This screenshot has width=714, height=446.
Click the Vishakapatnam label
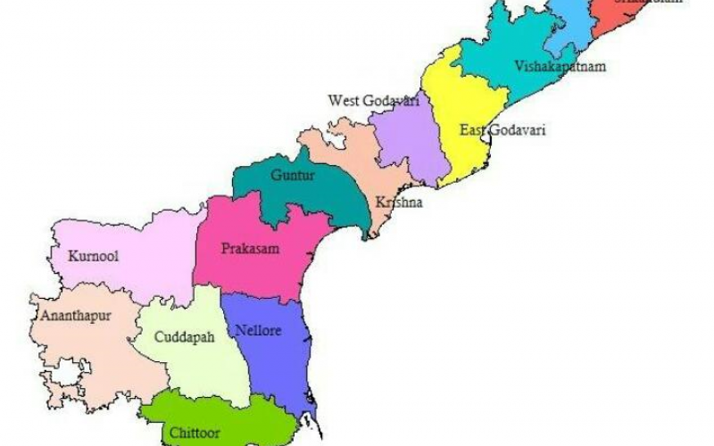[548, 67]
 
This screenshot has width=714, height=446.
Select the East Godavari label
[502, 130]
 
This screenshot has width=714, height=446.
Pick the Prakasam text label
[250, 249]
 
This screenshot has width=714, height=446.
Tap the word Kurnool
[94, 256]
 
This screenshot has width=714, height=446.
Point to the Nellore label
[259, 331]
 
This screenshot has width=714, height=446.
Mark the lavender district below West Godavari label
[410, 147]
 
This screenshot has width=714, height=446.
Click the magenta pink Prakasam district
[268, 268]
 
